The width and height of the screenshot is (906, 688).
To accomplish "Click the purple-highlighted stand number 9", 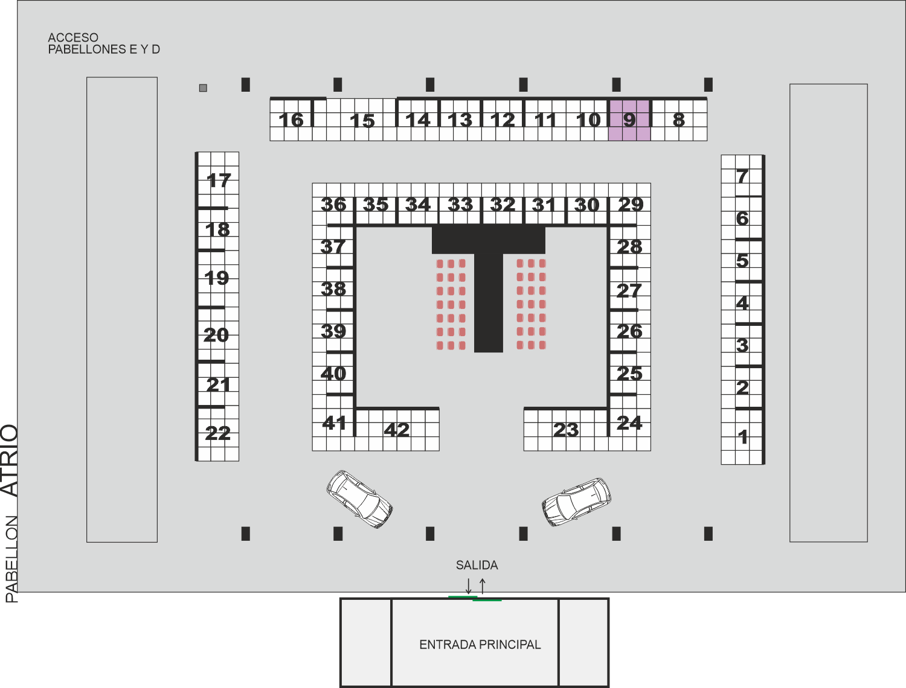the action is tap(629, 120).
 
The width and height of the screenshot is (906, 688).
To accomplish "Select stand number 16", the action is tap(291, 120).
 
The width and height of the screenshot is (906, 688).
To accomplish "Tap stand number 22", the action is tap(217, 433).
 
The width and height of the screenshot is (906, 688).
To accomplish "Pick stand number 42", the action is tap(397, 430).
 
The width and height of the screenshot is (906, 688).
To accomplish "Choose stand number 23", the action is tap(566, 430).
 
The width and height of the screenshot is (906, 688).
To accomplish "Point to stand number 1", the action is tap(743, 437).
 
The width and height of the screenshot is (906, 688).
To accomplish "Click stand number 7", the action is tap(742, 176).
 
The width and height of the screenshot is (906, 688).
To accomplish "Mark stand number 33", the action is tap(460, 205).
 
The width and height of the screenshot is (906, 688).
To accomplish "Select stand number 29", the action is tap(631, 205).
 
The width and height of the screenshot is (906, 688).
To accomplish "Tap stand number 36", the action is tap(333, 205).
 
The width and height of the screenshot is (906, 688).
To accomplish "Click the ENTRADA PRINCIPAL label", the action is tap(480, 645).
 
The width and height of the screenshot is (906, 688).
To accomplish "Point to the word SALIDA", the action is tap(477, 565).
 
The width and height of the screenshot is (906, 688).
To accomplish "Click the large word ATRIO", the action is tap(10, 460).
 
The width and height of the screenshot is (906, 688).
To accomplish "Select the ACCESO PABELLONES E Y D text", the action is tap(104, 43).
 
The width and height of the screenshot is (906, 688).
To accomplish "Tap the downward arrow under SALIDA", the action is tap(469, 586).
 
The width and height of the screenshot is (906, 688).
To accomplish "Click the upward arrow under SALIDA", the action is tap(483, 586).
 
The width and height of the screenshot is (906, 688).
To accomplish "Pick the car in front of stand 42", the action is tap(359, 499).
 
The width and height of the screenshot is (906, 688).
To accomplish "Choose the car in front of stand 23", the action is tap(576, 502).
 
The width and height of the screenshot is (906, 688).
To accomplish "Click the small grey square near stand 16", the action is tap(203, 88).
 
